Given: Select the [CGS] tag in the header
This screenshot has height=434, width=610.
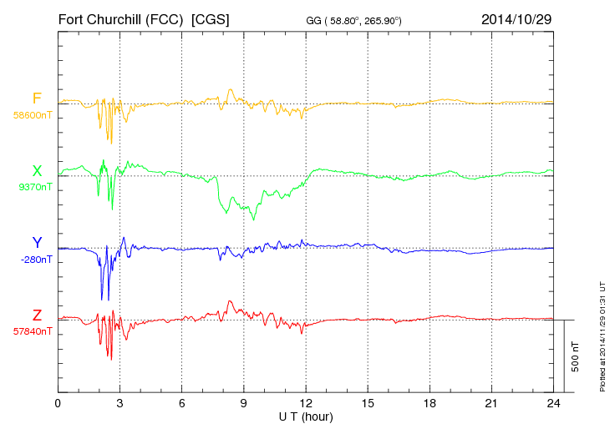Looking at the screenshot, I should pyautogui.click(x=211, y=18).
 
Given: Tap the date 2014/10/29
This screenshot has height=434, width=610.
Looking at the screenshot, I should pyautogui.click(x=516, y=18).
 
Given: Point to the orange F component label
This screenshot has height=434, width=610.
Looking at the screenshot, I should pyautogui.click(x=36, y=98).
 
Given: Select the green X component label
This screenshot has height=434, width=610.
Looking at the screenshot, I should pyautogui.click(x=37, y=171).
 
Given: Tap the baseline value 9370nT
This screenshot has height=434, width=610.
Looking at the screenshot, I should pyautogui.click(x=34, y=187).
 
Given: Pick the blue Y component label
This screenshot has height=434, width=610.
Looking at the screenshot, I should pyautogui.click(x=37, y=243).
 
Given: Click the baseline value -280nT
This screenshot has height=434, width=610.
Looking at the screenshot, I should pyautogui.click(x=36, y=260).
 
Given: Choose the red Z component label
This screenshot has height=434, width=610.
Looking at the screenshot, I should pyautogui.click(x=37, y=315).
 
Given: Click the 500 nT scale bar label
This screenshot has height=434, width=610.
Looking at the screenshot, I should pyautogui.click(x=576, y=356).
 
